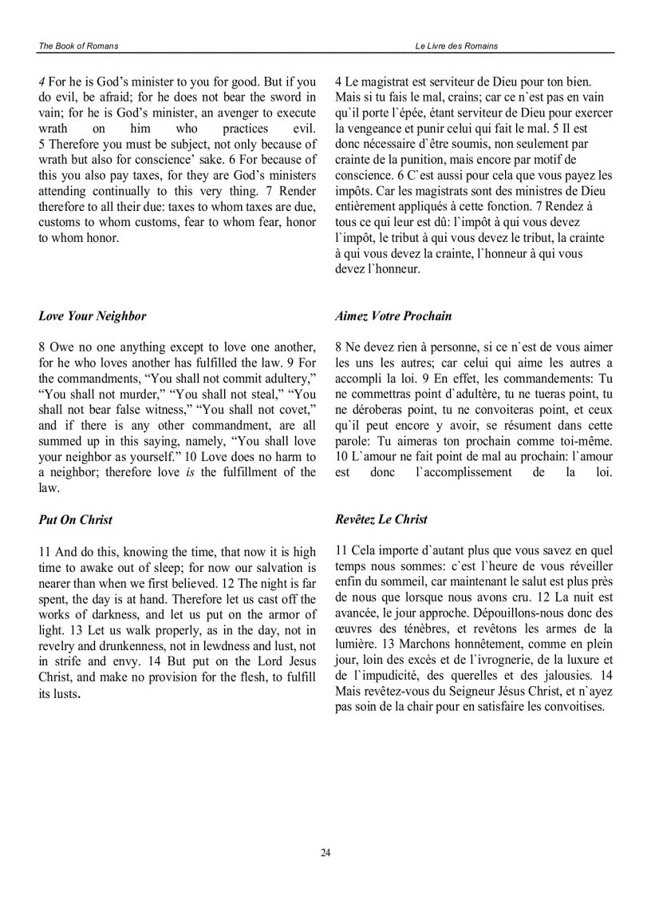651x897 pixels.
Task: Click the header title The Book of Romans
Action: point(78,46)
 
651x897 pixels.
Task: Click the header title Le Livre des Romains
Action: point(456,46)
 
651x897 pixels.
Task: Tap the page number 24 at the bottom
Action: point(325,852)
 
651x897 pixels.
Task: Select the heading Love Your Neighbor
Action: point(92,316)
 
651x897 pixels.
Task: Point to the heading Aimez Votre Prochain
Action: point(393,316)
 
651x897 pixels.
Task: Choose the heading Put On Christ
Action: point(75,519)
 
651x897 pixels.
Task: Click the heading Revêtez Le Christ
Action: point(381,519)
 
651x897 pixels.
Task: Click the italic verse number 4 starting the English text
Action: point(41,82)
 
